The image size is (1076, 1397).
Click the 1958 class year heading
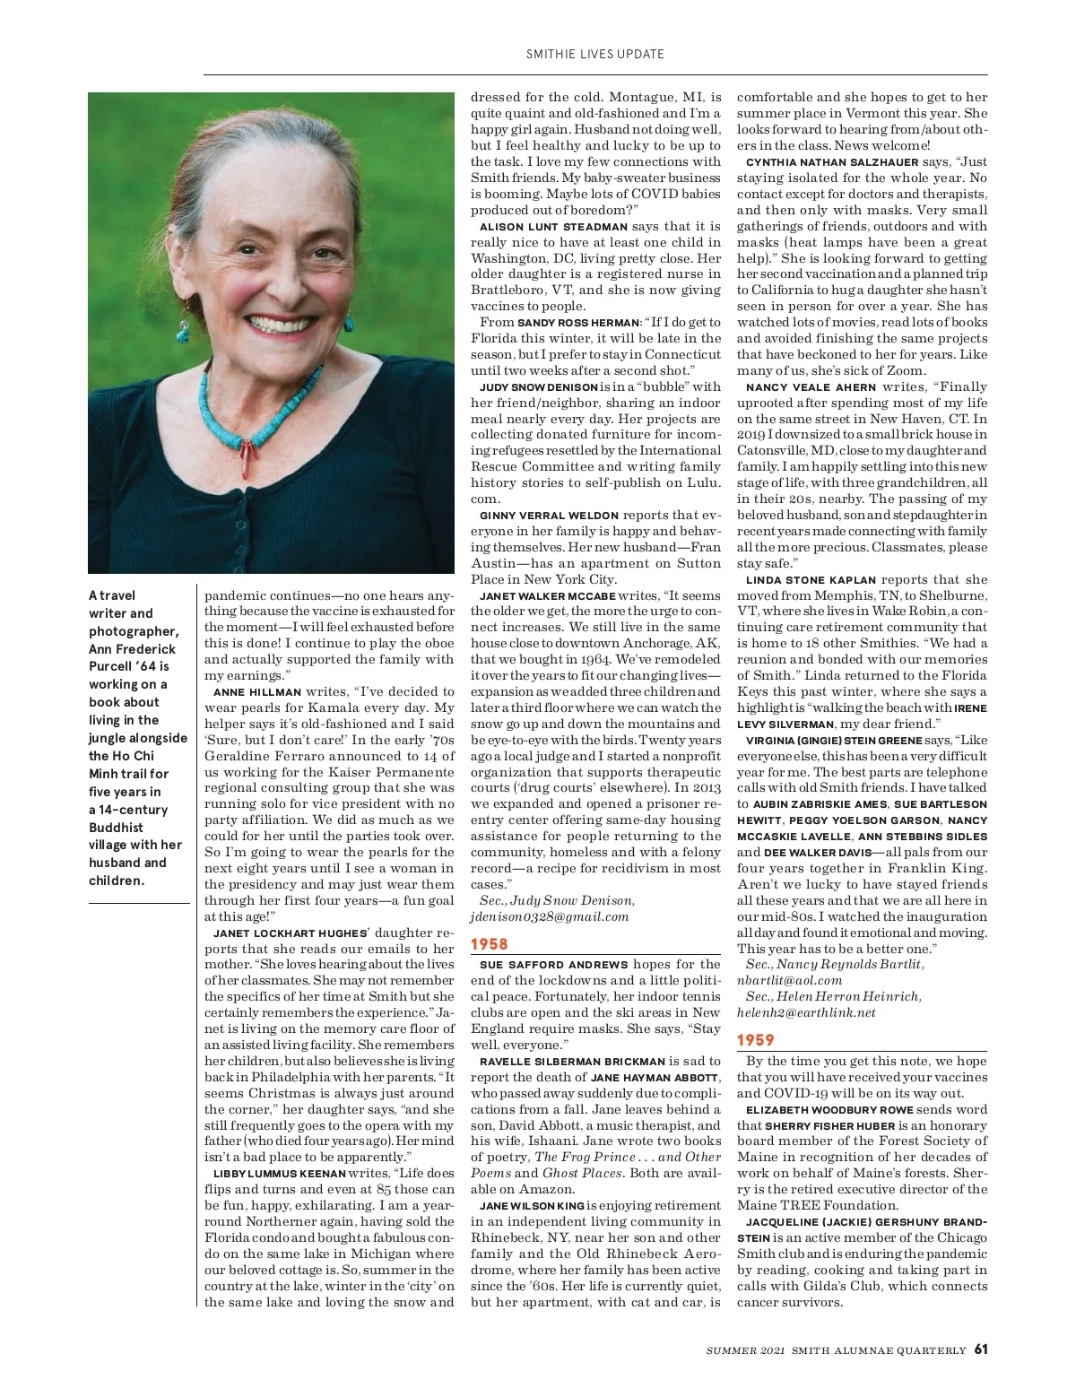coord(490,944)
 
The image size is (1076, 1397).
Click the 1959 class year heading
coord(755,1040)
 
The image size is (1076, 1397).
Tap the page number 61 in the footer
coord(981,1349)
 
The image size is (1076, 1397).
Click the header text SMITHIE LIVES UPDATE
coord(595,54)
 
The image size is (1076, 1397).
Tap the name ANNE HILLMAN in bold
coord(257,692)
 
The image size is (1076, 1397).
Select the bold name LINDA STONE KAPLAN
coord(811,580)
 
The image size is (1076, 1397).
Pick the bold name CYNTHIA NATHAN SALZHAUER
coord(832,162)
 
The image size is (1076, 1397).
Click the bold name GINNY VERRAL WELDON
coord(549,516)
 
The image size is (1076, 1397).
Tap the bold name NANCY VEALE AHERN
coord(811,387)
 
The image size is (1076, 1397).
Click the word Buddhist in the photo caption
coord(116,828)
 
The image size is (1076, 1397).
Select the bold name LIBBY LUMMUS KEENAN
coord(279,1174)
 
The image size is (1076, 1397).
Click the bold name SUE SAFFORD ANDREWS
coord(553,965)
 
